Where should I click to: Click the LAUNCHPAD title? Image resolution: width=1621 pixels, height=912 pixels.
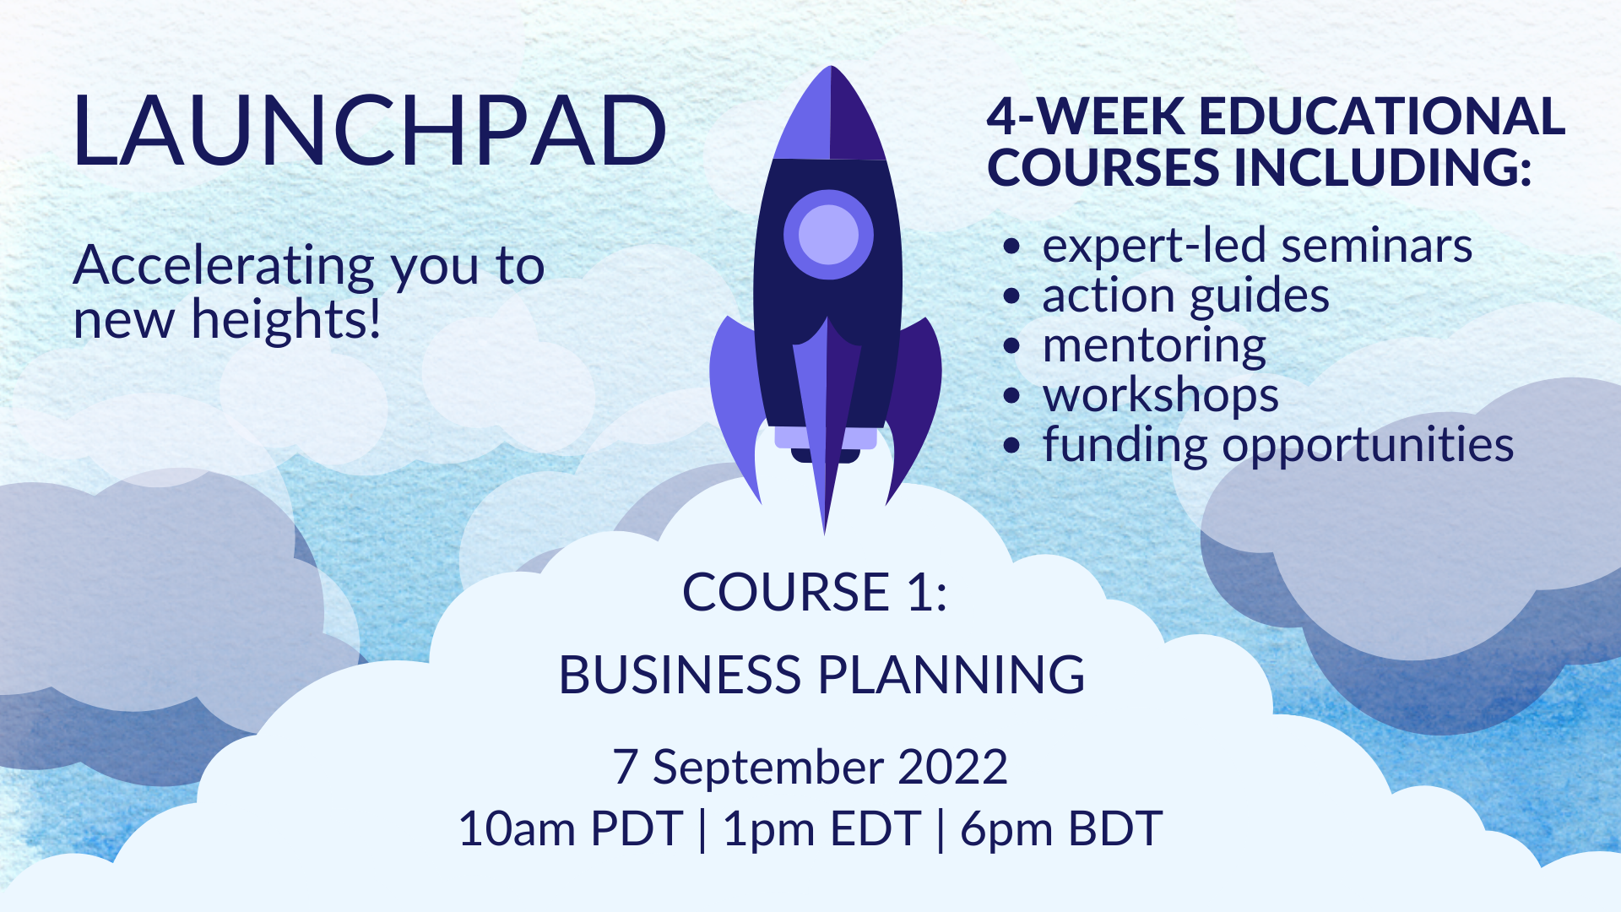370,130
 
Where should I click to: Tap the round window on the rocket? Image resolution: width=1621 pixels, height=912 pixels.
828,235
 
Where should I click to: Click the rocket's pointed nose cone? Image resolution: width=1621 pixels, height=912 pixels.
830,113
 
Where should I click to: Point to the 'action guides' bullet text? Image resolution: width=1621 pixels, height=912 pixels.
1185,297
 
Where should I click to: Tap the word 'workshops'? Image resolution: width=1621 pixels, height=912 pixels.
1161,395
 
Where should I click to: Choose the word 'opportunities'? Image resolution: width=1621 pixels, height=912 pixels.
1368,445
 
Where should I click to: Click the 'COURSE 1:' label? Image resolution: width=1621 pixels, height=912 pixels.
815,591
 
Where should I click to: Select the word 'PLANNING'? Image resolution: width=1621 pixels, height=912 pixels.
951,675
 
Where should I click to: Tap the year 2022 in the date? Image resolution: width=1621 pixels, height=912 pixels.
952,767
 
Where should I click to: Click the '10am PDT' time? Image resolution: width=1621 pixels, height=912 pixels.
571,828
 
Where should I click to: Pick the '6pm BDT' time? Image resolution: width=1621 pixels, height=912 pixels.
1061,828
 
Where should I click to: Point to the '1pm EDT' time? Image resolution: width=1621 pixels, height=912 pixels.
821,828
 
